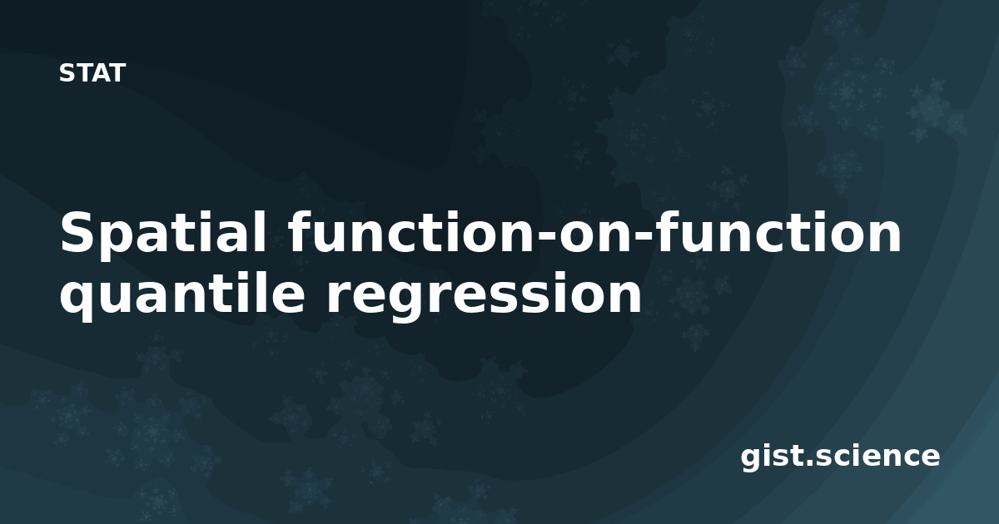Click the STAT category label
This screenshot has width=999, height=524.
point(92,73)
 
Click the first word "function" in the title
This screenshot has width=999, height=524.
point(411,232)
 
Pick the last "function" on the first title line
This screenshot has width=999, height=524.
point(778,232)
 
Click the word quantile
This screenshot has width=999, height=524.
point(182,293)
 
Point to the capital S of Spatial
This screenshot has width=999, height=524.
point(77,232)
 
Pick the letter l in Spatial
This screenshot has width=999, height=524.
point(260,232)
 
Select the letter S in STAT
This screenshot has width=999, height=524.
point(67,73)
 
